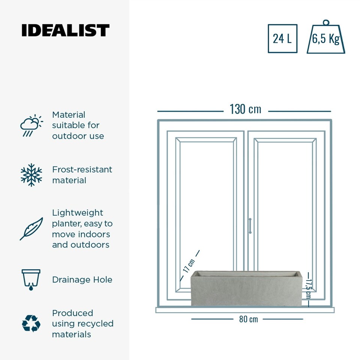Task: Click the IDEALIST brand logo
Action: pos(65,30)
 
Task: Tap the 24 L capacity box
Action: pos(282,39)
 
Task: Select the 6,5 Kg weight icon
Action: pos(326,37)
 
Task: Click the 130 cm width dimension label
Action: pos(245,109)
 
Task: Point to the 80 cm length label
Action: pos(248,319)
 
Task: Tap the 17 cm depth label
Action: pos(189,265)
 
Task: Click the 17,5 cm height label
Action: pos(308,289)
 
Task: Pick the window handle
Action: pos(250,226)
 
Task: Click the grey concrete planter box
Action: pos(246,288)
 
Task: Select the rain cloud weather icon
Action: pos(31,125)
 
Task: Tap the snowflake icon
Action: pos(31,175)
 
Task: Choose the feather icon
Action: pos(31,229)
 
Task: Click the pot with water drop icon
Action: pos(31,280)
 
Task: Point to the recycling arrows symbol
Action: pos(31,324)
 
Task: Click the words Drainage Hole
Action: pos(82,280)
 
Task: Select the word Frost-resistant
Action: pos(82,169)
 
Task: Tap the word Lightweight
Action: pos(78,213)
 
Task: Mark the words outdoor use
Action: pos(78,136)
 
